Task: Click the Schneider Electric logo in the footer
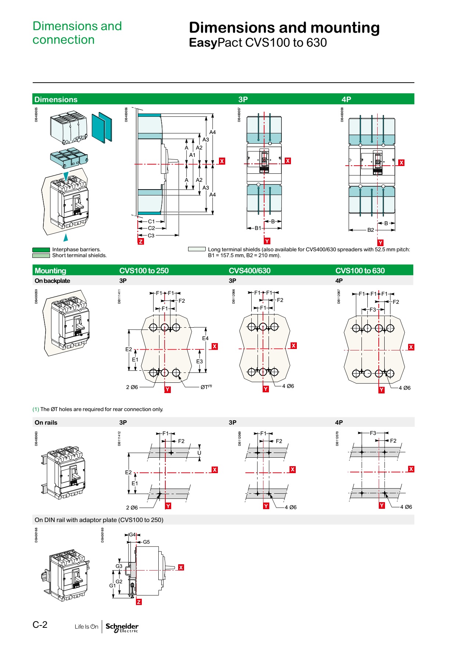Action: (122, 627)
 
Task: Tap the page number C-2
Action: (40, 624)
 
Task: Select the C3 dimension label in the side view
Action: (151, 235)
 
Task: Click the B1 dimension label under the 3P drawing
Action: (258, 228)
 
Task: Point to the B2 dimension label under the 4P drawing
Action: (371, 230)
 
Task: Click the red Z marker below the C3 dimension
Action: (141, 241)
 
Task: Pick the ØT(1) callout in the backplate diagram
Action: (206, 387)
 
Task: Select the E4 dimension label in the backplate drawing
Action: (205, 338)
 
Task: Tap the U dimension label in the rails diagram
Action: (199, 453)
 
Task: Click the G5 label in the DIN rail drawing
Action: (146, 542)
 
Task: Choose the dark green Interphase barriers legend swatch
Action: (41, 250)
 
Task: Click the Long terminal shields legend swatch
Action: (197, 249)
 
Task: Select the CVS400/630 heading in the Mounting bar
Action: (249, 271)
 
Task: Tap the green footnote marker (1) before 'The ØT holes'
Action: (36, 409)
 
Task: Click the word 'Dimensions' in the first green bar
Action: (56, 100)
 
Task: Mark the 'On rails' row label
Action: (46, 422)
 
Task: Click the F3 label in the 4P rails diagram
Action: (373, 433)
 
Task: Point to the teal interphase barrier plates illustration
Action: (102, 127)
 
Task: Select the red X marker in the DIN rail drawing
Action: (181, 567)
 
